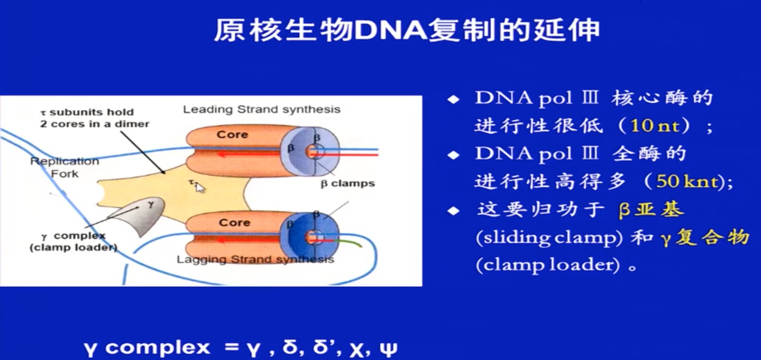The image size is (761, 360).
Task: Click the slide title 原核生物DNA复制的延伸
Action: pyautogui.click(x=406, y=30)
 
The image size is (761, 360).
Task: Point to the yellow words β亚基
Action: pyautogui.click(x=651, y=210)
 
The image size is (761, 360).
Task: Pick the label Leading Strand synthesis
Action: pyautogui.click(x=261, y=109)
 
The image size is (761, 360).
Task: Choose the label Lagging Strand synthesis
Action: pyautogui.click(x=255, y=259)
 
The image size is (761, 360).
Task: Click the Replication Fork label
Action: pyautogui.click(x=65, y=167)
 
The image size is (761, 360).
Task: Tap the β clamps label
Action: pyautogui.click(x=348, y=183)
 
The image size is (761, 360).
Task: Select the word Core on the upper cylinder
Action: pyautogui.click(x=232, y=134)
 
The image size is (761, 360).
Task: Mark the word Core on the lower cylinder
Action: pyautogui.click(x=234, y=223)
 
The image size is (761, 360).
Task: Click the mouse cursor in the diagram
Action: pyautogui.click(x=200, y=187)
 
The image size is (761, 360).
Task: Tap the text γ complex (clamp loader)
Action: pyautogui.click(x=74, y=242)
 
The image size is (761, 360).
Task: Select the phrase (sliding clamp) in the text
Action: pyautogui.click(x=549, y=238)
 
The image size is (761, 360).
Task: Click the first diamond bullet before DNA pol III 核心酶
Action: pyautogui.click(x=453, y=99)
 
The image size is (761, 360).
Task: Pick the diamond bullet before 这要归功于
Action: pyautogui.click(x=453, y=211)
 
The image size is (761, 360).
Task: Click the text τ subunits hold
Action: pyautogui.click(x=87, y=112)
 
